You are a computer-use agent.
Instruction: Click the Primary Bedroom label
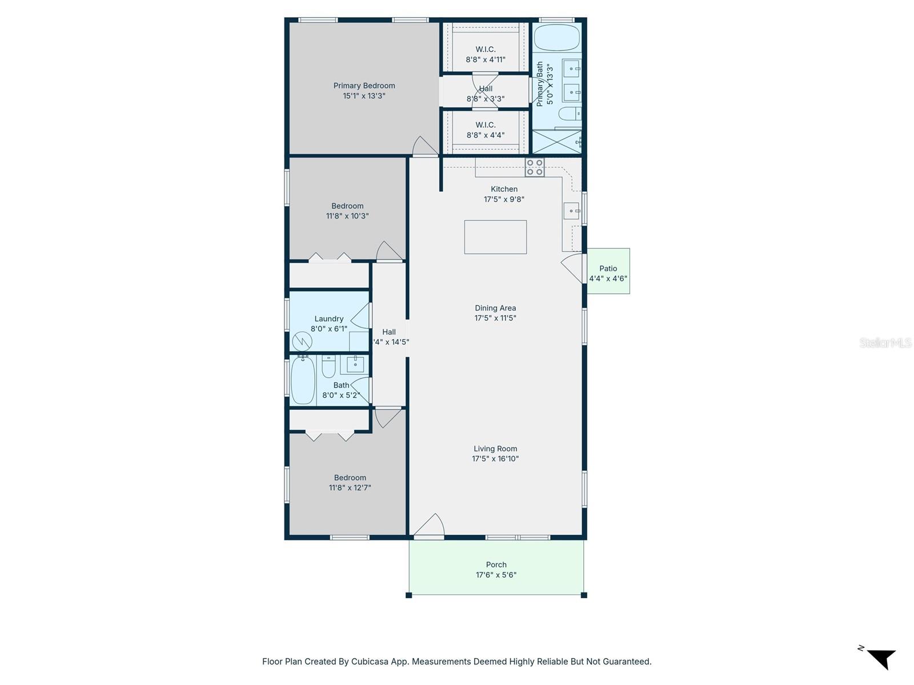coord(364,86)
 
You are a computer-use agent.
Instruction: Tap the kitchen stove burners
coord(535,167)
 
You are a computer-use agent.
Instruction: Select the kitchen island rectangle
coord(495,237)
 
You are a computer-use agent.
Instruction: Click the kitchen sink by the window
coord(571,211)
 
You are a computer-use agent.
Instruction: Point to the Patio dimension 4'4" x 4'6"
coord(608,279)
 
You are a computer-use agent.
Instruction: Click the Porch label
coord(496,565)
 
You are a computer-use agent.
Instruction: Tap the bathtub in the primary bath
coord(556,38)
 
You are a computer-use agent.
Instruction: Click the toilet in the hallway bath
coord(328,367)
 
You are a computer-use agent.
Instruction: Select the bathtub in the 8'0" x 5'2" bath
coord(302,380)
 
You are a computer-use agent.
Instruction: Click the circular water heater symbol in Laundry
coord(302,341)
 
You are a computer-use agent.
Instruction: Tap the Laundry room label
coord(328,319)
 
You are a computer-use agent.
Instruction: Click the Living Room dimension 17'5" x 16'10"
coord(495,458)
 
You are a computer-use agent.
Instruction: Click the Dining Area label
coord(495,308)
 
